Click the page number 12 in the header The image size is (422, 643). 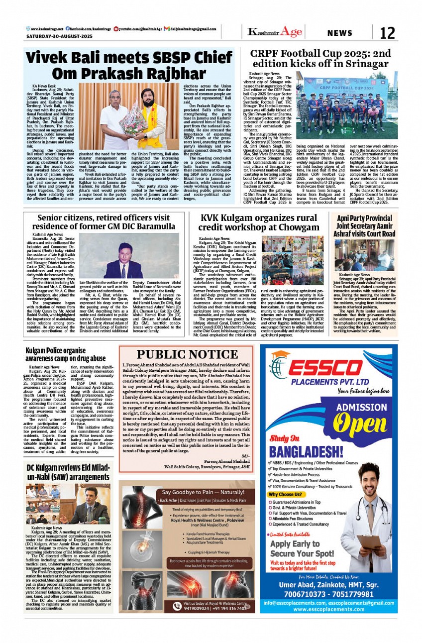click(x=387, y=33)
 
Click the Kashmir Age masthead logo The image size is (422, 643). click(x=275, y=32)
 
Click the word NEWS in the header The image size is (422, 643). click(x=340, y=33)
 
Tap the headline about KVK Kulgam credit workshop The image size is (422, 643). click(x=258, y=222)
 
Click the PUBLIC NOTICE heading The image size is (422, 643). click(x=187, y=354)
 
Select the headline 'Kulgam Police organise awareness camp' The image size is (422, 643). click(x=66, y=354)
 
